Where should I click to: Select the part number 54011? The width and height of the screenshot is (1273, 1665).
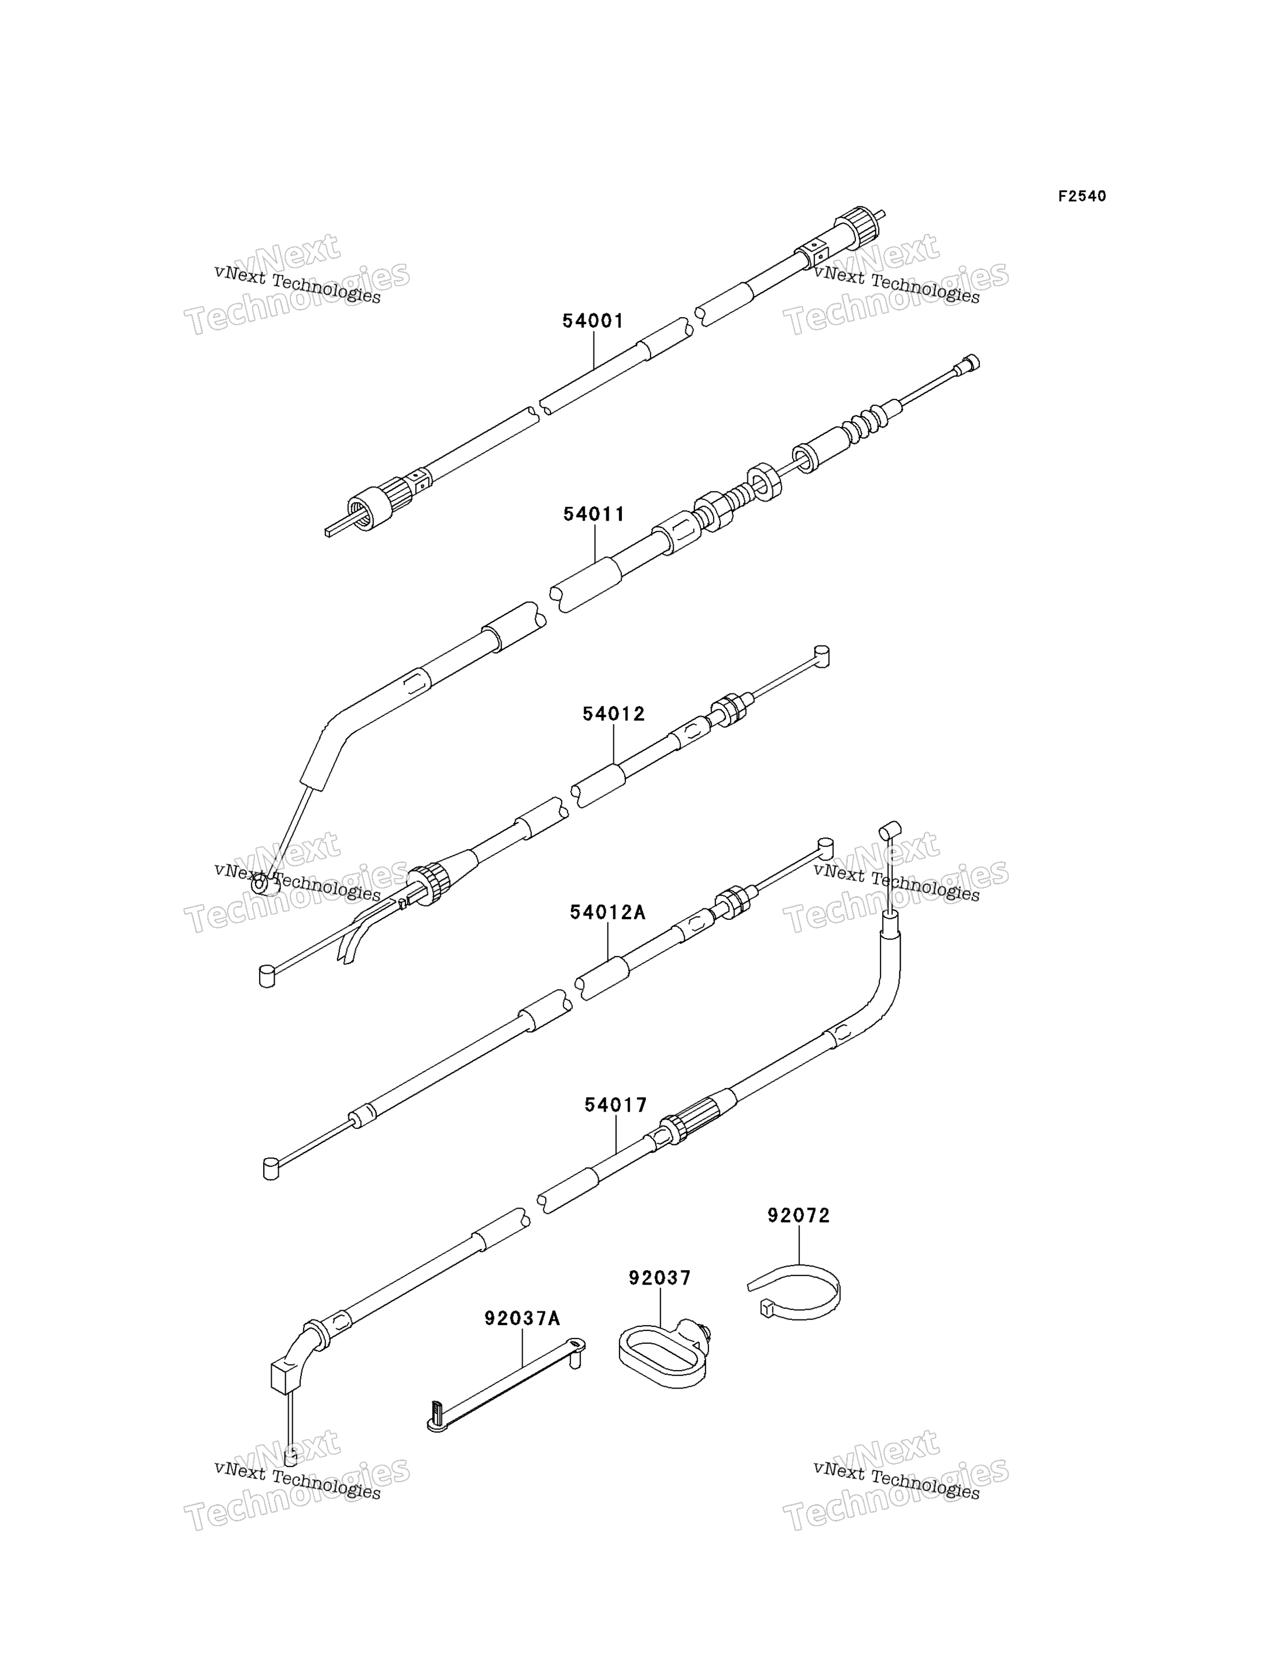(594, 515)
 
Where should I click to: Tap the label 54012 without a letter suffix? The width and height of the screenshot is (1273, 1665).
(613, 714)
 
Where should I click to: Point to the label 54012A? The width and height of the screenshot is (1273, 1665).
(607, 912)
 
